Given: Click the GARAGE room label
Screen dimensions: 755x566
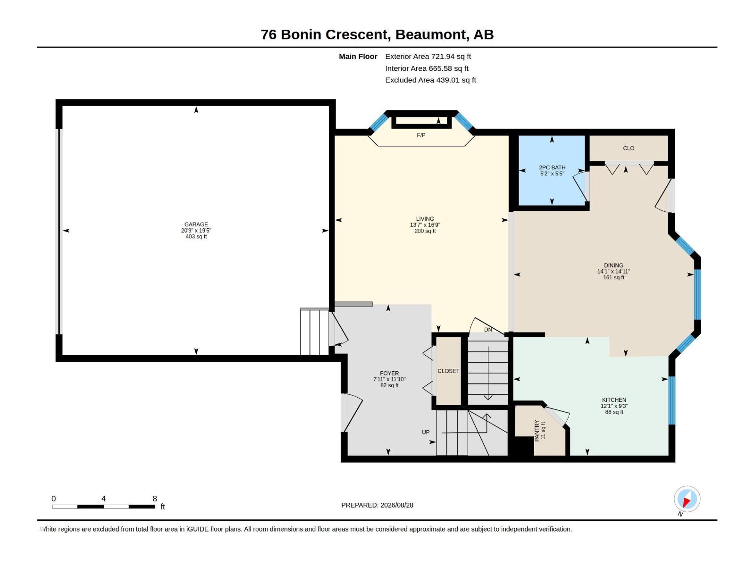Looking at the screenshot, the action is tap(196, 225).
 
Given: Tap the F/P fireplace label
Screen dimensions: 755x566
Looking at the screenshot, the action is tap(421, 135).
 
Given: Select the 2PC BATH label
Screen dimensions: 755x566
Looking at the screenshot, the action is tap(552, 168).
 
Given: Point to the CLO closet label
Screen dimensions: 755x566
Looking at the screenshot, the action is tap(629, 148).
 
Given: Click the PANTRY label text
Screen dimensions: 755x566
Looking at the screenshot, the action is tap(537, 431).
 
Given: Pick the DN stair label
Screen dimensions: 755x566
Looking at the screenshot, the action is tap(488, 330).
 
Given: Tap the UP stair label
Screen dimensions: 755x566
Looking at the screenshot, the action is tap(426, 432).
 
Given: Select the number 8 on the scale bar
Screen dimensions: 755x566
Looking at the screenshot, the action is tap(155, 498).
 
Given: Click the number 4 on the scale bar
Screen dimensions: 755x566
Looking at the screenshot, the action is tap(103, 498).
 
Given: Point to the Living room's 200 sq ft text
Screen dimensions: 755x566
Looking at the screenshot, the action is tap(425, 231).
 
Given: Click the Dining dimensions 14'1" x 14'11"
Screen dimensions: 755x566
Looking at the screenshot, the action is tap(613, 272).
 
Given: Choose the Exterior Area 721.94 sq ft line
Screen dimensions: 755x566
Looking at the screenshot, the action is tap(428, 56).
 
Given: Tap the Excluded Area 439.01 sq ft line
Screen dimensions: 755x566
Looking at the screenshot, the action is tap(431, 80).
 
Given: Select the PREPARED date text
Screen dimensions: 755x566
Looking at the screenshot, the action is tap(377, 505).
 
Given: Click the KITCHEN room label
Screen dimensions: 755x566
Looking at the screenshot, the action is tap(614, 400).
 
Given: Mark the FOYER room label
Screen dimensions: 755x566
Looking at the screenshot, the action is tap(389, 373).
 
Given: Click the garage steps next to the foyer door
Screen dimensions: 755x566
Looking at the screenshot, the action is tap(314, 332).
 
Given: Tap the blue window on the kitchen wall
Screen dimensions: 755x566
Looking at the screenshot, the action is tap(672, 400).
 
